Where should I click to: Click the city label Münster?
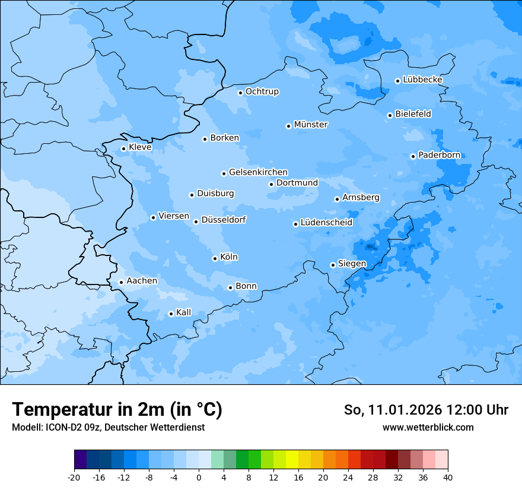point(311,125)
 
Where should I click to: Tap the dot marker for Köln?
point(215,258)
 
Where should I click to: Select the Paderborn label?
point(439,156)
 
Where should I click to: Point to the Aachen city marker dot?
point(121,283)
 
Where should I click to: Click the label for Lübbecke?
point(422,80)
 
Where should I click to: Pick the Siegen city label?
point(352,264)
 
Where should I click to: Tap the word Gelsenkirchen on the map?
point(258,172)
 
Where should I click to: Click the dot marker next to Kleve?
point(123,149)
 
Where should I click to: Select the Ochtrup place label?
point(262,92)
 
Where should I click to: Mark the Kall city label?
point(183,312)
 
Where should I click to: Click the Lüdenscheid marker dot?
point(295,224)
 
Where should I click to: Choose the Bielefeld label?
point(413,114)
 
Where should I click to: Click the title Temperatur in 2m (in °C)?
point(117,410)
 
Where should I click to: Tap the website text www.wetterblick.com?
point(428,428)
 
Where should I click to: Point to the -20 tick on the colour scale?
point(74,477)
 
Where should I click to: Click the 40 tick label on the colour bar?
point(448,477)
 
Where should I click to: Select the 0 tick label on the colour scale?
point(199,477)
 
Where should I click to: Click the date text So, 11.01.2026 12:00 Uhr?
point(426,410)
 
